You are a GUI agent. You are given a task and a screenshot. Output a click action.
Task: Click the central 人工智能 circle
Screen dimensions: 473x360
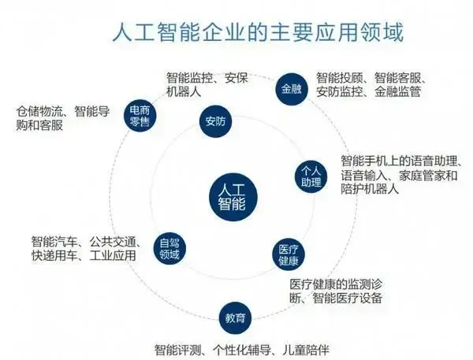click(x=233, y=197)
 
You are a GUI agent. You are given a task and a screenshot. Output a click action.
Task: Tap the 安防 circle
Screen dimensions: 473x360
click(x=215, y=121)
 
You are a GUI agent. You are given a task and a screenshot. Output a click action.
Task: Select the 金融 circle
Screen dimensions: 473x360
click(x=292, y=89)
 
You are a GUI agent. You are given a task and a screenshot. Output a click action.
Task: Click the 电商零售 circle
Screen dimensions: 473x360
click(x=140, y=115)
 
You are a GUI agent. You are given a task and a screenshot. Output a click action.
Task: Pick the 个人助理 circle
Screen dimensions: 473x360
click(x=311, y=176)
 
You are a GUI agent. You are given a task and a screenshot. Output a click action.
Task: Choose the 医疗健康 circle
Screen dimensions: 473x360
click(x=289, y=254)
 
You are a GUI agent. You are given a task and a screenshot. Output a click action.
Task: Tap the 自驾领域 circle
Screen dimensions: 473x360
click(x=169, y=249)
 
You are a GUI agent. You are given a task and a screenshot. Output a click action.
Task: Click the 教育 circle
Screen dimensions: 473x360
click(x=235, y=318)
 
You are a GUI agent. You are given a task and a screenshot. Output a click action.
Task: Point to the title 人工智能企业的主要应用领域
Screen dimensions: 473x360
click(x=258, y=32)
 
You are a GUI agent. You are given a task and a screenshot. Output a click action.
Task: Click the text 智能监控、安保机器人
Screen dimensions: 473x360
click(x=207, y=84)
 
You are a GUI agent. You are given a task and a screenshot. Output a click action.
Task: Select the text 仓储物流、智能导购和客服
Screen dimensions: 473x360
click(x=63, y=118)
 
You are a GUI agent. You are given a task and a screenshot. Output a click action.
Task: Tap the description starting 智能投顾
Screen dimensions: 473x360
click(x=371, y=85)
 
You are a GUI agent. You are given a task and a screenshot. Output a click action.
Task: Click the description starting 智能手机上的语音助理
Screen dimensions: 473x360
click(x=401, y=175)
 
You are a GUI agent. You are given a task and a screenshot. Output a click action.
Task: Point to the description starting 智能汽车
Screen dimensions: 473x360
click(x=86, y=249)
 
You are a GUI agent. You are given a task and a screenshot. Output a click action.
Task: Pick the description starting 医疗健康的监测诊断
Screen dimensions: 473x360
click(x=336, y=291)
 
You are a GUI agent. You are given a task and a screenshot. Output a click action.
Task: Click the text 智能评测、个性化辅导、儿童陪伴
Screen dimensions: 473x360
click(x=242, y=350)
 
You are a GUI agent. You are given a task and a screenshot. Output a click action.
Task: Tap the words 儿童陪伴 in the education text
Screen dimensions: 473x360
click(x=306, y=350)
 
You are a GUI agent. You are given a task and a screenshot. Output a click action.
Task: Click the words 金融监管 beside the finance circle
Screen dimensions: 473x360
click(x=397, y=91)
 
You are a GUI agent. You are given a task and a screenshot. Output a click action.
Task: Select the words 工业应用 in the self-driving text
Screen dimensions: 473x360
click(x=113, y=256)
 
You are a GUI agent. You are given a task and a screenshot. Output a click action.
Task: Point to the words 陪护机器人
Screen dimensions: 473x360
click(x=370, y=189)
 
